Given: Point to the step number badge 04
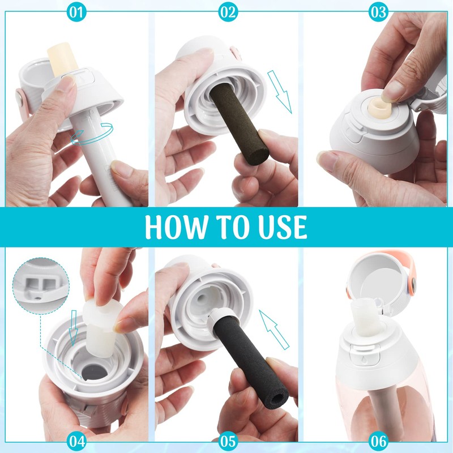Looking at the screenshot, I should [75, 440].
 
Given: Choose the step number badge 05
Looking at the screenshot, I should [226, 440].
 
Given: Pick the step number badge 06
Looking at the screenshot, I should [378, 440].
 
